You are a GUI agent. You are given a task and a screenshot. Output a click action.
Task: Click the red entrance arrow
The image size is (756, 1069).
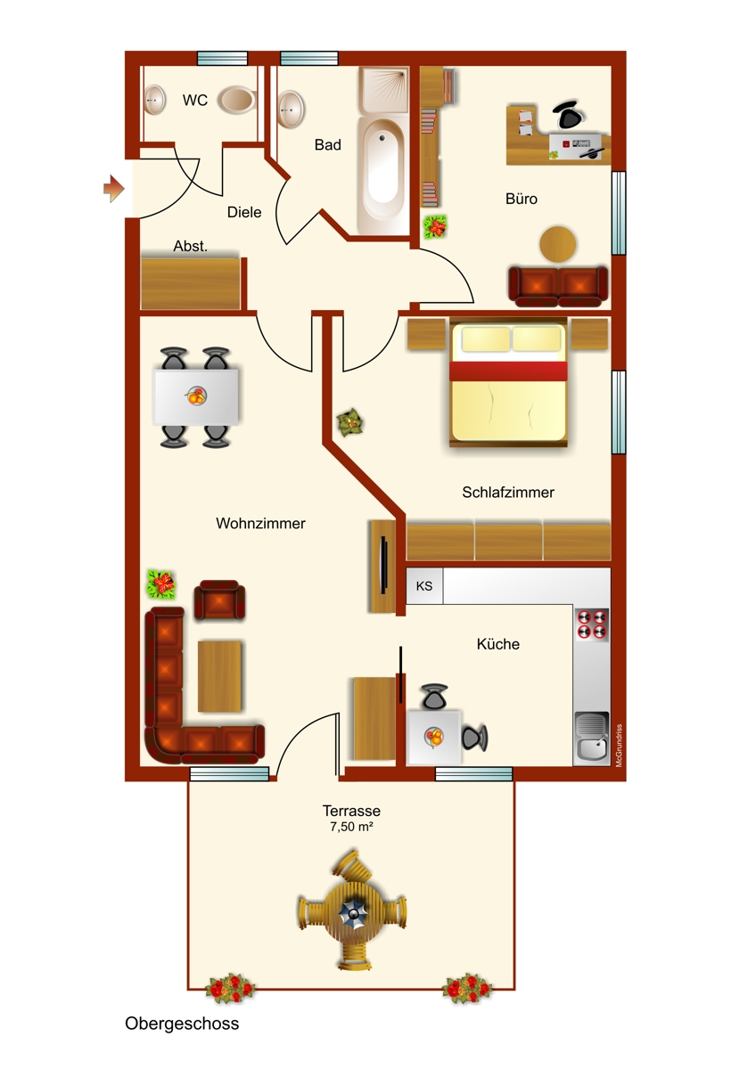112,188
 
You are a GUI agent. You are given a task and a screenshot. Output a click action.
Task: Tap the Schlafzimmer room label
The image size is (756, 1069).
508,492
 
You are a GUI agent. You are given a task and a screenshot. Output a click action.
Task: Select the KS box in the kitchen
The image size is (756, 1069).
424,586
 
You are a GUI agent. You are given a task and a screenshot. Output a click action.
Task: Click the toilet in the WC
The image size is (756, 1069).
237,99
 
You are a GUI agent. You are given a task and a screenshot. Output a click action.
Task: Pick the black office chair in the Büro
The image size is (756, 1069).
567,115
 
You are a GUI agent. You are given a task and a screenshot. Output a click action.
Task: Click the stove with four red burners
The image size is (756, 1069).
592,624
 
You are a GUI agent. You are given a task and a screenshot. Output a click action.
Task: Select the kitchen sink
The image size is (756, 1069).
591,737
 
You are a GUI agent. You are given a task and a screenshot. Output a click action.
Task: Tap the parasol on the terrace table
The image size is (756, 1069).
352,912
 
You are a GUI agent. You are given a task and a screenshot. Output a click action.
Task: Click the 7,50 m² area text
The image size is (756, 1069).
351,827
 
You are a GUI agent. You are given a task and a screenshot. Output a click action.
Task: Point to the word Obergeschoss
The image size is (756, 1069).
182,1024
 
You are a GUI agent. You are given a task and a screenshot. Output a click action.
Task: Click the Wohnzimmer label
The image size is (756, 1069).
260,524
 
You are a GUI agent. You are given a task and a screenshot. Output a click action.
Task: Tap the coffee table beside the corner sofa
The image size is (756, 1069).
219,676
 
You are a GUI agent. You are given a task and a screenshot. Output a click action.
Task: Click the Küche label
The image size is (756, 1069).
498,643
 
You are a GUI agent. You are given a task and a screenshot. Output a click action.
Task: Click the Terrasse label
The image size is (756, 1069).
351,811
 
